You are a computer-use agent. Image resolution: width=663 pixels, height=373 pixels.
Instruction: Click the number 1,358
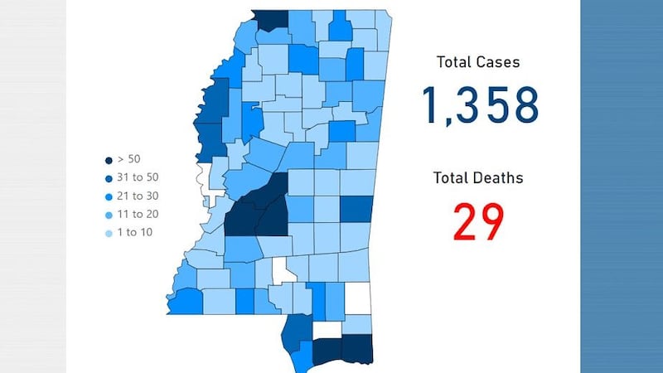tap(480, 105)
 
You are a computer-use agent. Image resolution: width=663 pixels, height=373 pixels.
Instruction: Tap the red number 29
tap(478, 221)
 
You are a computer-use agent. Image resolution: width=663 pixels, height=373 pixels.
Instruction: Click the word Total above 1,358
tap(455, 62)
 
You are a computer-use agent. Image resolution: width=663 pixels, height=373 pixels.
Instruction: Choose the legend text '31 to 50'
tap(138, 177)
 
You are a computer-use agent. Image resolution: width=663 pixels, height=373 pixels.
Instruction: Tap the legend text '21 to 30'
tap(138, 196)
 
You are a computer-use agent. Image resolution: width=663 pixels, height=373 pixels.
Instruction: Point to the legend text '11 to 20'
tap(138, 214)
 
